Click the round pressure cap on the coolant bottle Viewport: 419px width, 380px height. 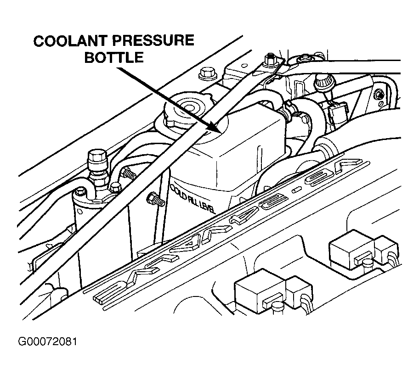click(x=189, y=111)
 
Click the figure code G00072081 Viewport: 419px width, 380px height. click(x=47, y=342)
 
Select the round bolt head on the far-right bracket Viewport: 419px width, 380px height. click(x=378, y=95)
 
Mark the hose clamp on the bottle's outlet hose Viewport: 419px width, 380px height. click(x=290, y=111)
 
